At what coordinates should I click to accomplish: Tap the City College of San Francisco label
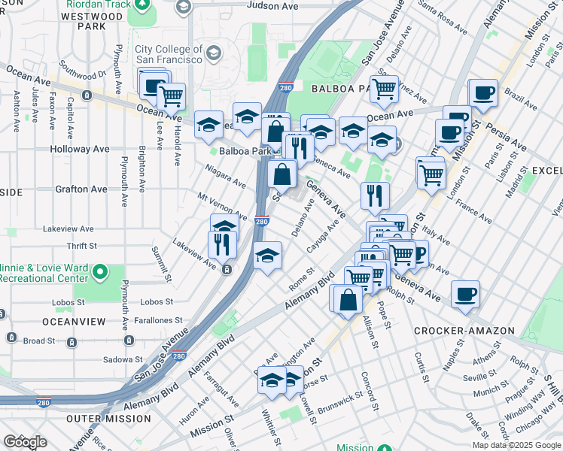point(169,54)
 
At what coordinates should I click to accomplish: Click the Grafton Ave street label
point(81,189)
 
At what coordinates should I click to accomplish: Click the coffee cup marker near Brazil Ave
point(482,94)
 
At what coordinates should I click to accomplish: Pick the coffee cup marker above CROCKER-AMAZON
point(466,293)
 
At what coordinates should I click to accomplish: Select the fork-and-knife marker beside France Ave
point(375,197)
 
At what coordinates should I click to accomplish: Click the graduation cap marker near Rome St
point(268,257)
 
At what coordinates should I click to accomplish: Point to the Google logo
point(25,441)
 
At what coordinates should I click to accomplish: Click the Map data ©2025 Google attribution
point(516,445)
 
